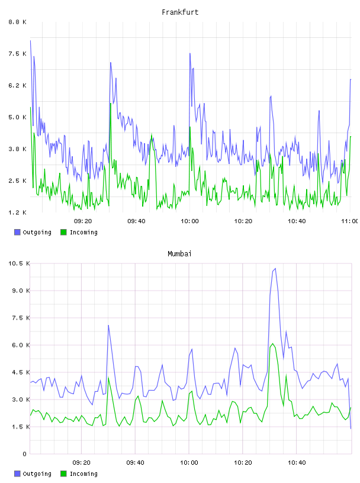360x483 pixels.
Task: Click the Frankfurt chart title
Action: (180, 12)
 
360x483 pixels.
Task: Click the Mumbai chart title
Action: (179, 254)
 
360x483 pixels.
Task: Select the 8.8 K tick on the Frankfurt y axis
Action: (18, 22)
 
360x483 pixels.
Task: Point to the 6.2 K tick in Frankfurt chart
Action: (18, 85)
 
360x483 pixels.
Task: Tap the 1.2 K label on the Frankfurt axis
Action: (18, 212)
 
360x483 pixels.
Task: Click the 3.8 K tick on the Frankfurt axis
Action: (18, 149)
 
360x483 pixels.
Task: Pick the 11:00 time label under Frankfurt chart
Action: (350, 221)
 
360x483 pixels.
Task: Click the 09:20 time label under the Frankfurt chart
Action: (83, 221)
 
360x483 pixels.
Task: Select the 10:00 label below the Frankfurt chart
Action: (189, 221)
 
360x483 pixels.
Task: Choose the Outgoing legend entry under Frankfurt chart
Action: (33, 232)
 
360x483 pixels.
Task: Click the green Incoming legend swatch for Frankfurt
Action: (63, 232)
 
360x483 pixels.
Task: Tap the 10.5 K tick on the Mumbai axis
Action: (19, 263)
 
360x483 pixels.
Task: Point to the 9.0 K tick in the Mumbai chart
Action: (21, 291)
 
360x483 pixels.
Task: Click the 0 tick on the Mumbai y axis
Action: (24, 454)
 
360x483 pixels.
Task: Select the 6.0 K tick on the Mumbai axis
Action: (21, 345)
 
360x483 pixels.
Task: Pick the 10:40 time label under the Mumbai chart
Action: (297, 462)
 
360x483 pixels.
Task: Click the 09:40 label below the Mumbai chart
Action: (136, 462)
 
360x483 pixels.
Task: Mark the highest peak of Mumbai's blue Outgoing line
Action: (275, 269)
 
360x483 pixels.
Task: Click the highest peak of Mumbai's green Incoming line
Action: (272, 344)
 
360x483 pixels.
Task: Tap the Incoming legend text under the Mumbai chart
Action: (83, 474)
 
